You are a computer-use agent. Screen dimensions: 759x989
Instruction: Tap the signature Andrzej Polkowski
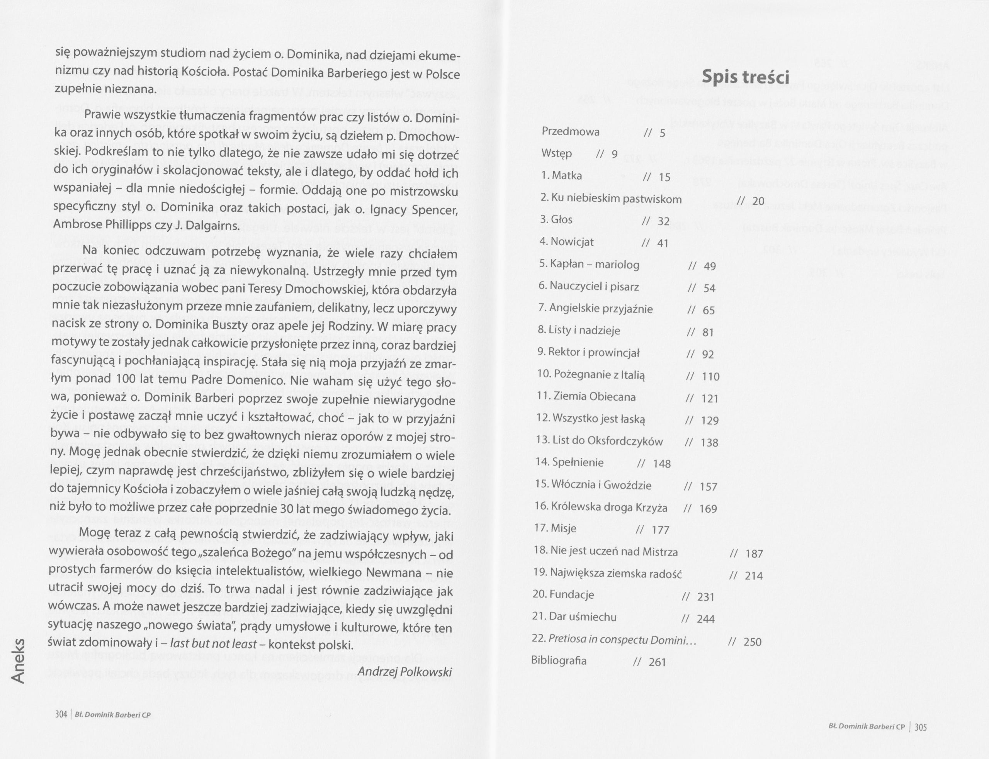click(404, 672)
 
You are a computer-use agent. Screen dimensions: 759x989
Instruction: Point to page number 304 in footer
click(61, 715)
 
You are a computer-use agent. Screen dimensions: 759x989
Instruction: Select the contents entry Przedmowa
click(571, 132)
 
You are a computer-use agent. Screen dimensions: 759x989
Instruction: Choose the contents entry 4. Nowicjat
click(567, 242)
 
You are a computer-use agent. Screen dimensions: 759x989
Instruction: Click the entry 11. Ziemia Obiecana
click(586, 397)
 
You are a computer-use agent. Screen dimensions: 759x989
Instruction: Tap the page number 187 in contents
click(754, 554)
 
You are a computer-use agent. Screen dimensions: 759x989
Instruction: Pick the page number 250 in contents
click(752, 642)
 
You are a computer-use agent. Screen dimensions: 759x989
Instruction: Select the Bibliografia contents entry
click(559, 661)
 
